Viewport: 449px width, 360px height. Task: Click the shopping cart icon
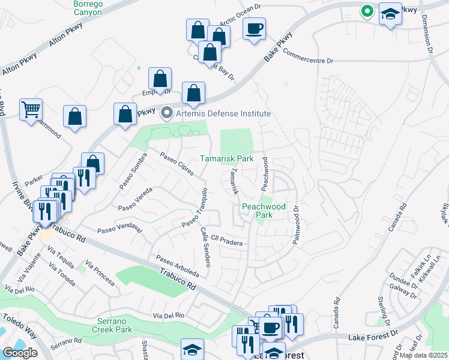[31, 110]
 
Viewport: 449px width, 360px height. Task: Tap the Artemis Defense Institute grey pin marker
[167, 113]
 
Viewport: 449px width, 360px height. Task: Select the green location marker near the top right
[366, 11]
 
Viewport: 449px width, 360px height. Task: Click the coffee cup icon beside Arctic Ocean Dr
[255, 28]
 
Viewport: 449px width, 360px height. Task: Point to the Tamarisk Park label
[226, 159]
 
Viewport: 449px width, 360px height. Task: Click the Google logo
[20, 353]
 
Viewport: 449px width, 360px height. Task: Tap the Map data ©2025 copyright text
[424, 355]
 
